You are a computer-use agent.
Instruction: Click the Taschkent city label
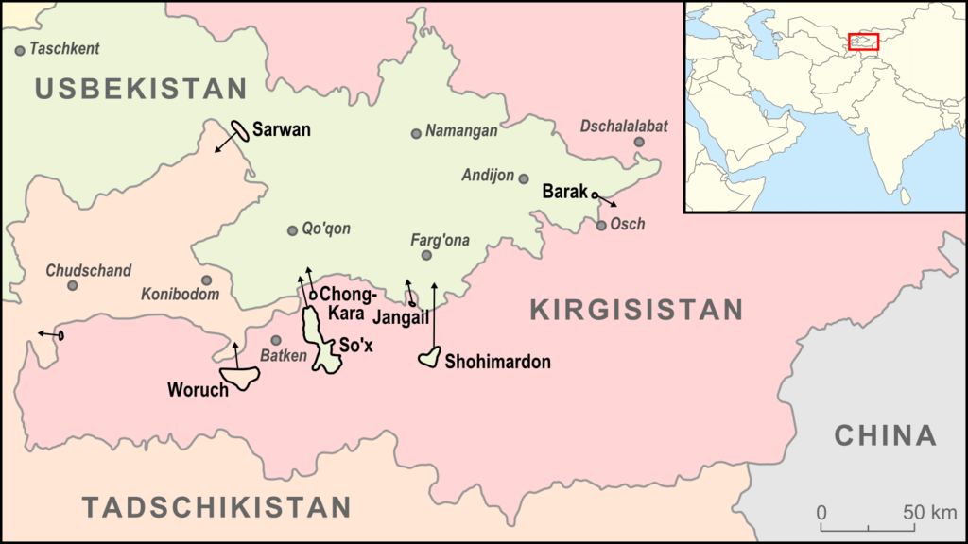pos(64,49)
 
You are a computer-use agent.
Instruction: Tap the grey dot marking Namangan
pos(416,133)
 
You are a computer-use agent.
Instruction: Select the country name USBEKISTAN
pos(141,89)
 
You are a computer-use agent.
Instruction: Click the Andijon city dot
pos(524,178)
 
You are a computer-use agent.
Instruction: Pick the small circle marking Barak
pos(595,195)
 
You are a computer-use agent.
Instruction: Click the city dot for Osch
pos(601,225)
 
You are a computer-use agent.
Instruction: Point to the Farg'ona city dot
pos(426,255)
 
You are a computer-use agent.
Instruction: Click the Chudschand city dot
pos(72,285)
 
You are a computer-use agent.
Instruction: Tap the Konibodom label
pos(180,295)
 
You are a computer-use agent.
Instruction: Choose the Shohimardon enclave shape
pos(430,358)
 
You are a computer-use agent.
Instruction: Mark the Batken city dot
pos(276,340)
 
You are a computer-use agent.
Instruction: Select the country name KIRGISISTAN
pos(636,309)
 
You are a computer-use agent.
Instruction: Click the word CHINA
pos(885,435)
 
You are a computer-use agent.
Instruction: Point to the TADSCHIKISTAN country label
pos(216,507)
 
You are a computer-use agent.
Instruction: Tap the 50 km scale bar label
pos(929,513)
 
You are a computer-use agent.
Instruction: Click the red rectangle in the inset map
pos(863,42)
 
